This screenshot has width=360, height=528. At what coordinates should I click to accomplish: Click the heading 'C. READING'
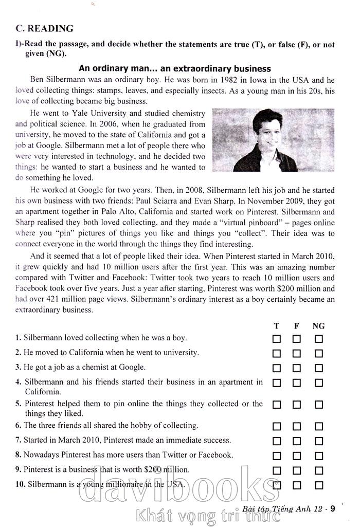44,28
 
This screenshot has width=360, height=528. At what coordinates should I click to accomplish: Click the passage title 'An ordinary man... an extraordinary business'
175,68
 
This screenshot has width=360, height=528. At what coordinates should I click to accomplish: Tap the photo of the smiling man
255,140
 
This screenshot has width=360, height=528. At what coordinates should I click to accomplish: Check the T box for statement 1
277,339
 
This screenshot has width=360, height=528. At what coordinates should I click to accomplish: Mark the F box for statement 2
297,354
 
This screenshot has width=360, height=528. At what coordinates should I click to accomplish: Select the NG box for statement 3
319,368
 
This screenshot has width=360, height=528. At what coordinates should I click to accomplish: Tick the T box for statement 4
277,383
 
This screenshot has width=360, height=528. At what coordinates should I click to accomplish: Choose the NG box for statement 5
319,405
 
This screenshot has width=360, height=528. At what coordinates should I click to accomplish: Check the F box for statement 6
297,426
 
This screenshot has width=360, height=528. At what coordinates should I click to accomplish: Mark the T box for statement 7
277,441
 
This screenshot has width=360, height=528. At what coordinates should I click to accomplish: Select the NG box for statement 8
319,456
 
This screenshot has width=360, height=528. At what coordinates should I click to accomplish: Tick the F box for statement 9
297,470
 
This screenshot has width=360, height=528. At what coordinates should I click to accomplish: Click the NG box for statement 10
319,485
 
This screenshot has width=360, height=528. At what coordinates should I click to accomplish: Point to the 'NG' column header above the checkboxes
319,326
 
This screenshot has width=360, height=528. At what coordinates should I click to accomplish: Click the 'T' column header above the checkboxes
277,326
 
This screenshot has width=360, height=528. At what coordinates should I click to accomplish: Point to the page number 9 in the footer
333,509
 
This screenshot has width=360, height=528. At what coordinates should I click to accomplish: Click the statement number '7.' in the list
19,440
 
